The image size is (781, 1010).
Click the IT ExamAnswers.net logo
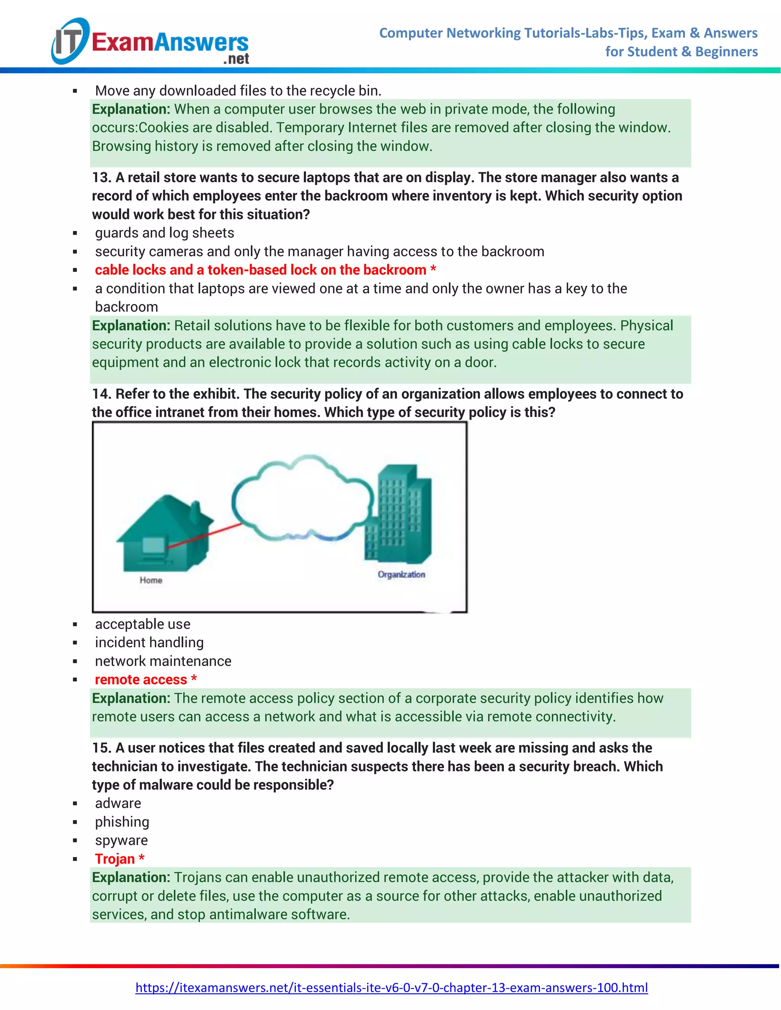(x=150, y=42)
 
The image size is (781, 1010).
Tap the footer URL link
(x=391, y=988)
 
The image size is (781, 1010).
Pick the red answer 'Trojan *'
(x=119, y=859)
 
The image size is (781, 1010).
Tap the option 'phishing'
(x=122, y=822)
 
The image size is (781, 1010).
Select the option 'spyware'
(x=121, y=840)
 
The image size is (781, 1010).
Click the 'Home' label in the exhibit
(x=151, y=580)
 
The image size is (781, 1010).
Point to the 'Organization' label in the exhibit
(x=401, y=574)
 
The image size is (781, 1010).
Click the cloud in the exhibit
(x=303, y=499)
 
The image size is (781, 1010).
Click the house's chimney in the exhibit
(x=195, y=510)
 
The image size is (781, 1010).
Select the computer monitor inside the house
(x=154, y=546)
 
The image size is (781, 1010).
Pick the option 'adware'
(x=118, y=803)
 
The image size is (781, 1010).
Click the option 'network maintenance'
(x=163, y=661)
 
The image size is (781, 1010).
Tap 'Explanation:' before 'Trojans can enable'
(x=131, y=877)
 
